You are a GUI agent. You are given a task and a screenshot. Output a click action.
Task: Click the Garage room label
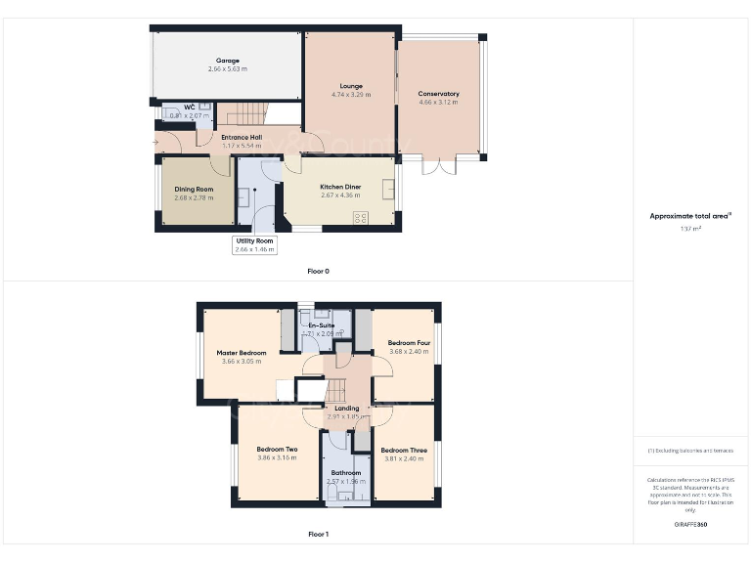(227, 61)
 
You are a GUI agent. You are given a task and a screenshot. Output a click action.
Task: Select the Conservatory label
(438, 94)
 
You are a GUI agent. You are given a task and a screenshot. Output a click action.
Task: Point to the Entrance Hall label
(242, 137)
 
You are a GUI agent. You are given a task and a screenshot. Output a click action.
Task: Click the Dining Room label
(194, 189)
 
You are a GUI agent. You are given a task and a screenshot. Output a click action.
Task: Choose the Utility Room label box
(253, 244)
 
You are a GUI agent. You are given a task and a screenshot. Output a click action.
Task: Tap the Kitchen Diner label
(340, 187)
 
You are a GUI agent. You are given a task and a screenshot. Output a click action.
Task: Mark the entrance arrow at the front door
(155, 143)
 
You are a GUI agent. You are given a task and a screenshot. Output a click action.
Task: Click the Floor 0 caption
(318, 271)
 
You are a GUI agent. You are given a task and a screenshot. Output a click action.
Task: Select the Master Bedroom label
(241, 353)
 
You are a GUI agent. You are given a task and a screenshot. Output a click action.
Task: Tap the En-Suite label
(322, 325)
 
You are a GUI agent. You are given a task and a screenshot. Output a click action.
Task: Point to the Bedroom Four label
(409, 343)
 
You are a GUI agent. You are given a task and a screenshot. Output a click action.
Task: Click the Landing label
(347, 408)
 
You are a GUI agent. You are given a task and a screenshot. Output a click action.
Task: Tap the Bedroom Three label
(403, 451)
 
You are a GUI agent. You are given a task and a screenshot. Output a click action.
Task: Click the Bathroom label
(346, 473)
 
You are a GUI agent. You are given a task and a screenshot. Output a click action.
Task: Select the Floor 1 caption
(318, 535)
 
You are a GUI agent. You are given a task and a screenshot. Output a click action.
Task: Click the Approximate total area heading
(691, 216)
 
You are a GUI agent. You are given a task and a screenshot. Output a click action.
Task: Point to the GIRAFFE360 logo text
(690, 525)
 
